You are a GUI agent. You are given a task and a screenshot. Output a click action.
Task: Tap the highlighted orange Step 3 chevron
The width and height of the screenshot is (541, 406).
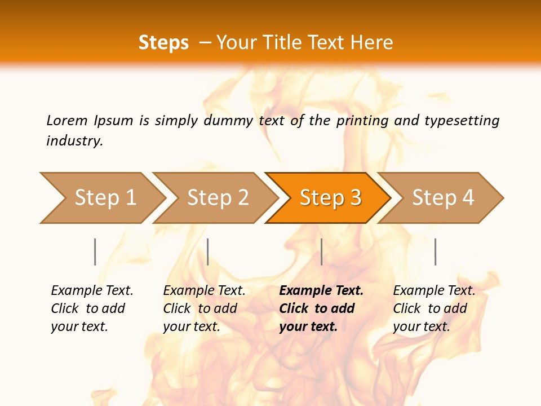coord(330,197)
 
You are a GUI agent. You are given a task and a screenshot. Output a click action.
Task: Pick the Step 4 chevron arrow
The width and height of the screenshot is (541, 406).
coord(443,197)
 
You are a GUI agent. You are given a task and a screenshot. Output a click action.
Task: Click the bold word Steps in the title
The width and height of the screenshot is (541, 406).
coord(163,43)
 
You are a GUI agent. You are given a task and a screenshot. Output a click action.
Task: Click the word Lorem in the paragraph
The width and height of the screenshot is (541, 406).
coord(66,120)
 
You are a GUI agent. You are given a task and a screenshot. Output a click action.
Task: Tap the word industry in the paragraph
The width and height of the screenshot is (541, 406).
coord(74,140)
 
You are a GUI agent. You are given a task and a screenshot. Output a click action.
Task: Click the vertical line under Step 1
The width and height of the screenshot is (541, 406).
coord(95,251)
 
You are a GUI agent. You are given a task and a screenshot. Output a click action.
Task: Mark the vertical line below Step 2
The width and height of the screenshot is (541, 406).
coord(208,251)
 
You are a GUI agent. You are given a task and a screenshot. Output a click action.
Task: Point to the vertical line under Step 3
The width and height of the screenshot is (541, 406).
coord(322,251)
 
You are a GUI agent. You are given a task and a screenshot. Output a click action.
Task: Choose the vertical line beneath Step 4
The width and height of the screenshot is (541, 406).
coord(436,251)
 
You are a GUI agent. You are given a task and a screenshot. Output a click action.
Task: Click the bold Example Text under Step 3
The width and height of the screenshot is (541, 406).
coord(321,290)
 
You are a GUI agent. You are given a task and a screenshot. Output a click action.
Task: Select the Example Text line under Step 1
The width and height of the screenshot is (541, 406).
coord(92,290)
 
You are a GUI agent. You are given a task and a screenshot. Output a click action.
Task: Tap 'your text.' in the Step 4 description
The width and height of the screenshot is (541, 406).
coord(421,326)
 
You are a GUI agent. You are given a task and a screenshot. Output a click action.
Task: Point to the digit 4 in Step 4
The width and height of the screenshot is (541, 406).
coord(467,197)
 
